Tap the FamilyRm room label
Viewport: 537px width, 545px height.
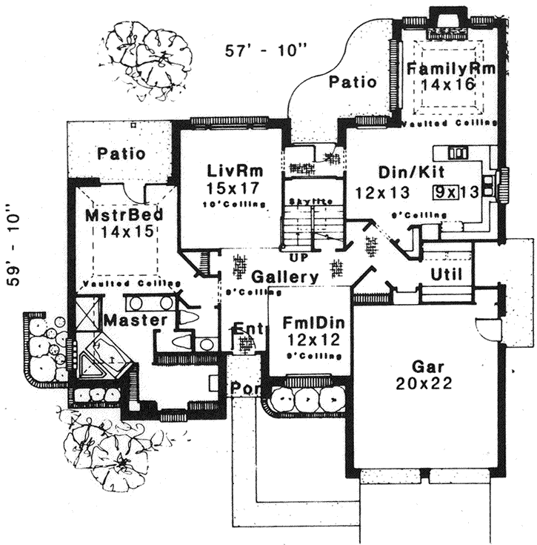[x=451, y=70]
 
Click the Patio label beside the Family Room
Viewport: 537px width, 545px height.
[x=353, y=82]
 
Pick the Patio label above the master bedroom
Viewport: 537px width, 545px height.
[x=121, y=154]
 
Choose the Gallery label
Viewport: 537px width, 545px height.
[x=284, y=277]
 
